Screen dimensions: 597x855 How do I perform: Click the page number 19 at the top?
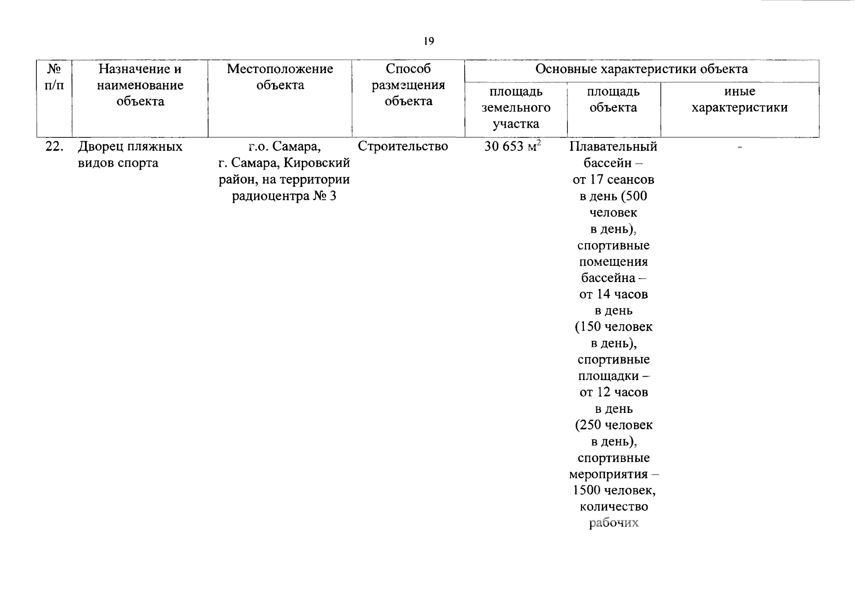(429, 41)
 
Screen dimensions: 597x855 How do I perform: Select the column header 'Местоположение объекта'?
(280, 77)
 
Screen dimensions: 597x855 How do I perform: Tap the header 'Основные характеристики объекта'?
(641, 69)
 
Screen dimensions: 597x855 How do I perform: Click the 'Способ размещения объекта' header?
(408, 85)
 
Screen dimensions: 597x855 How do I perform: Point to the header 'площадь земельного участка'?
(516, 107)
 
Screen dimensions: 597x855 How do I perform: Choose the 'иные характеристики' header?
(740, 99)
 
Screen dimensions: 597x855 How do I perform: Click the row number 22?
(54, 147)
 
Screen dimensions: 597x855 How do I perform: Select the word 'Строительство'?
(403, 146)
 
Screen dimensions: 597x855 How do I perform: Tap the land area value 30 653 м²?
(512, 146)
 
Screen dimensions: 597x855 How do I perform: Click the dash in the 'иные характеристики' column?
(740, 147)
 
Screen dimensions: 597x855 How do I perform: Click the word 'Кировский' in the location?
(317, 163)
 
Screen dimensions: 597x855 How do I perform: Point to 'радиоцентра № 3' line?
(284, 196)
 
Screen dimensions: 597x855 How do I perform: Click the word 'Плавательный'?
(613, 147)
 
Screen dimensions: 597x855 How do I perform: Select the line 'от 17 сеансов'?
(613, 180)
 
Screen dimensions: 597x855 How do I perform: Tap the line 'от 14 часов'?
(613, 295)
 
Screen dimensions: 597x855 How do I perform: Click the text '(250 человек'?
(614, 425)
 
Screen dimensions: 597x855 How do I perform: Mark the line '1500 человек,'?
(614, 491)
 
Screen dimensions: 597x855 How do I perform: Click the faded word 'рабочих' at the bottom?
(614, 523)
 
